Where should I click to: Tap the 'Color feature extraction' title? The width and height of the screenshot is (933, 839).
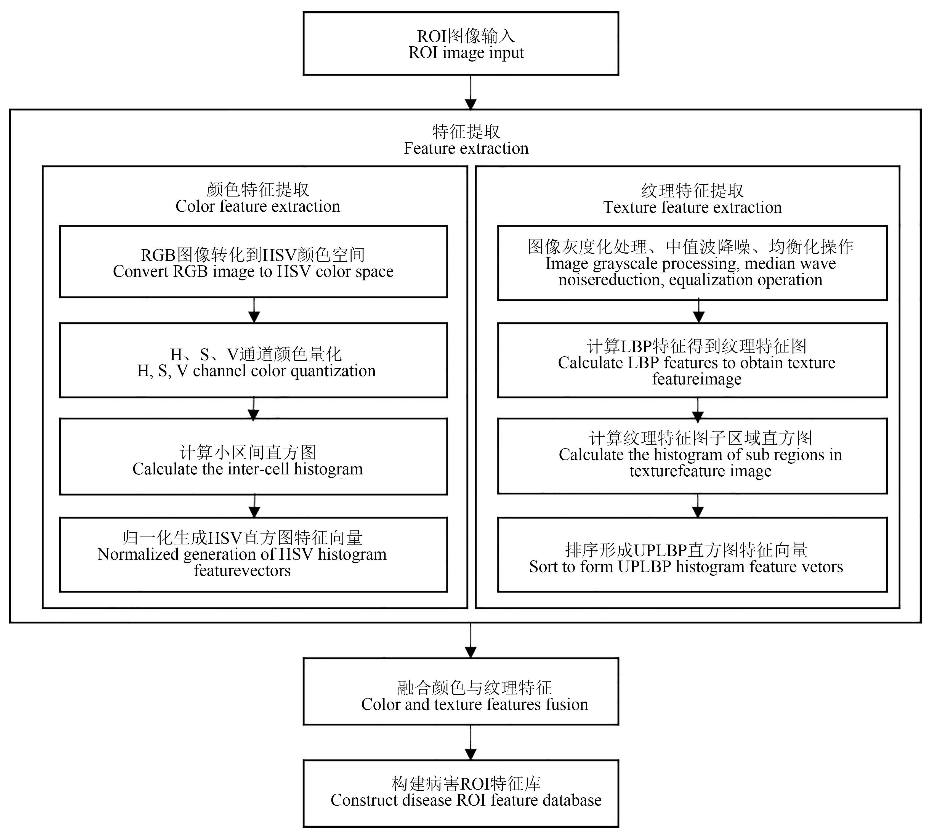(258, 206)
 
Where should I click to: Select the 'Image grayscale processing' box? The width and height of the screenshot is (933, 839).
(692, 263)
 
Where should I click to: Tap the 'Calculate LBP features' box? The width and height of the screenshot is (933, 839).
(692, 360)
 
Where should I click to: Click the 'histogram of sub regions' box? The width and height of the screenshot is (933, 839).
(692, 456)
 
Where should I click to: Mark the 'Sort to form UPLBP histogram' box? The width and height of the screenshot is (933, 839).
(692, 554)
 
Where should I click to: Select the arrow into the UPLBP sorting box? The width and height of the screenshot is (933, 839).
(698, 506)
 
